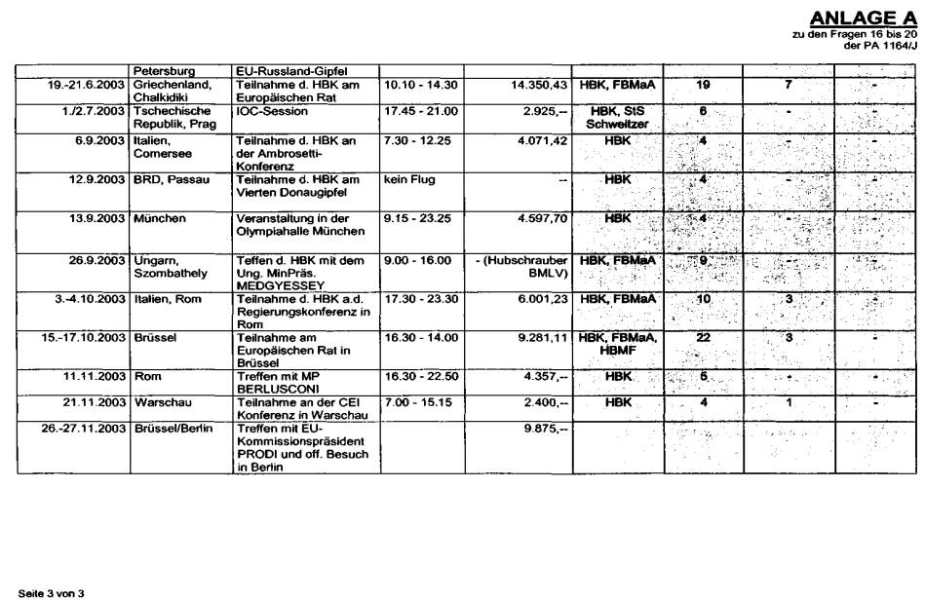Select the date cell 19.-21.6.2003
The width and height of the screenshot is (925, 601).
tap(87, 86)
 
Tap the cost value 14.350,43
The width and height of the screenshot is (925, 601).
tap(538, 86)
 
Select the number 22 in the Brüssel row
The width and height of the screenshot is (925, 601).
tap(703, 337)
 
